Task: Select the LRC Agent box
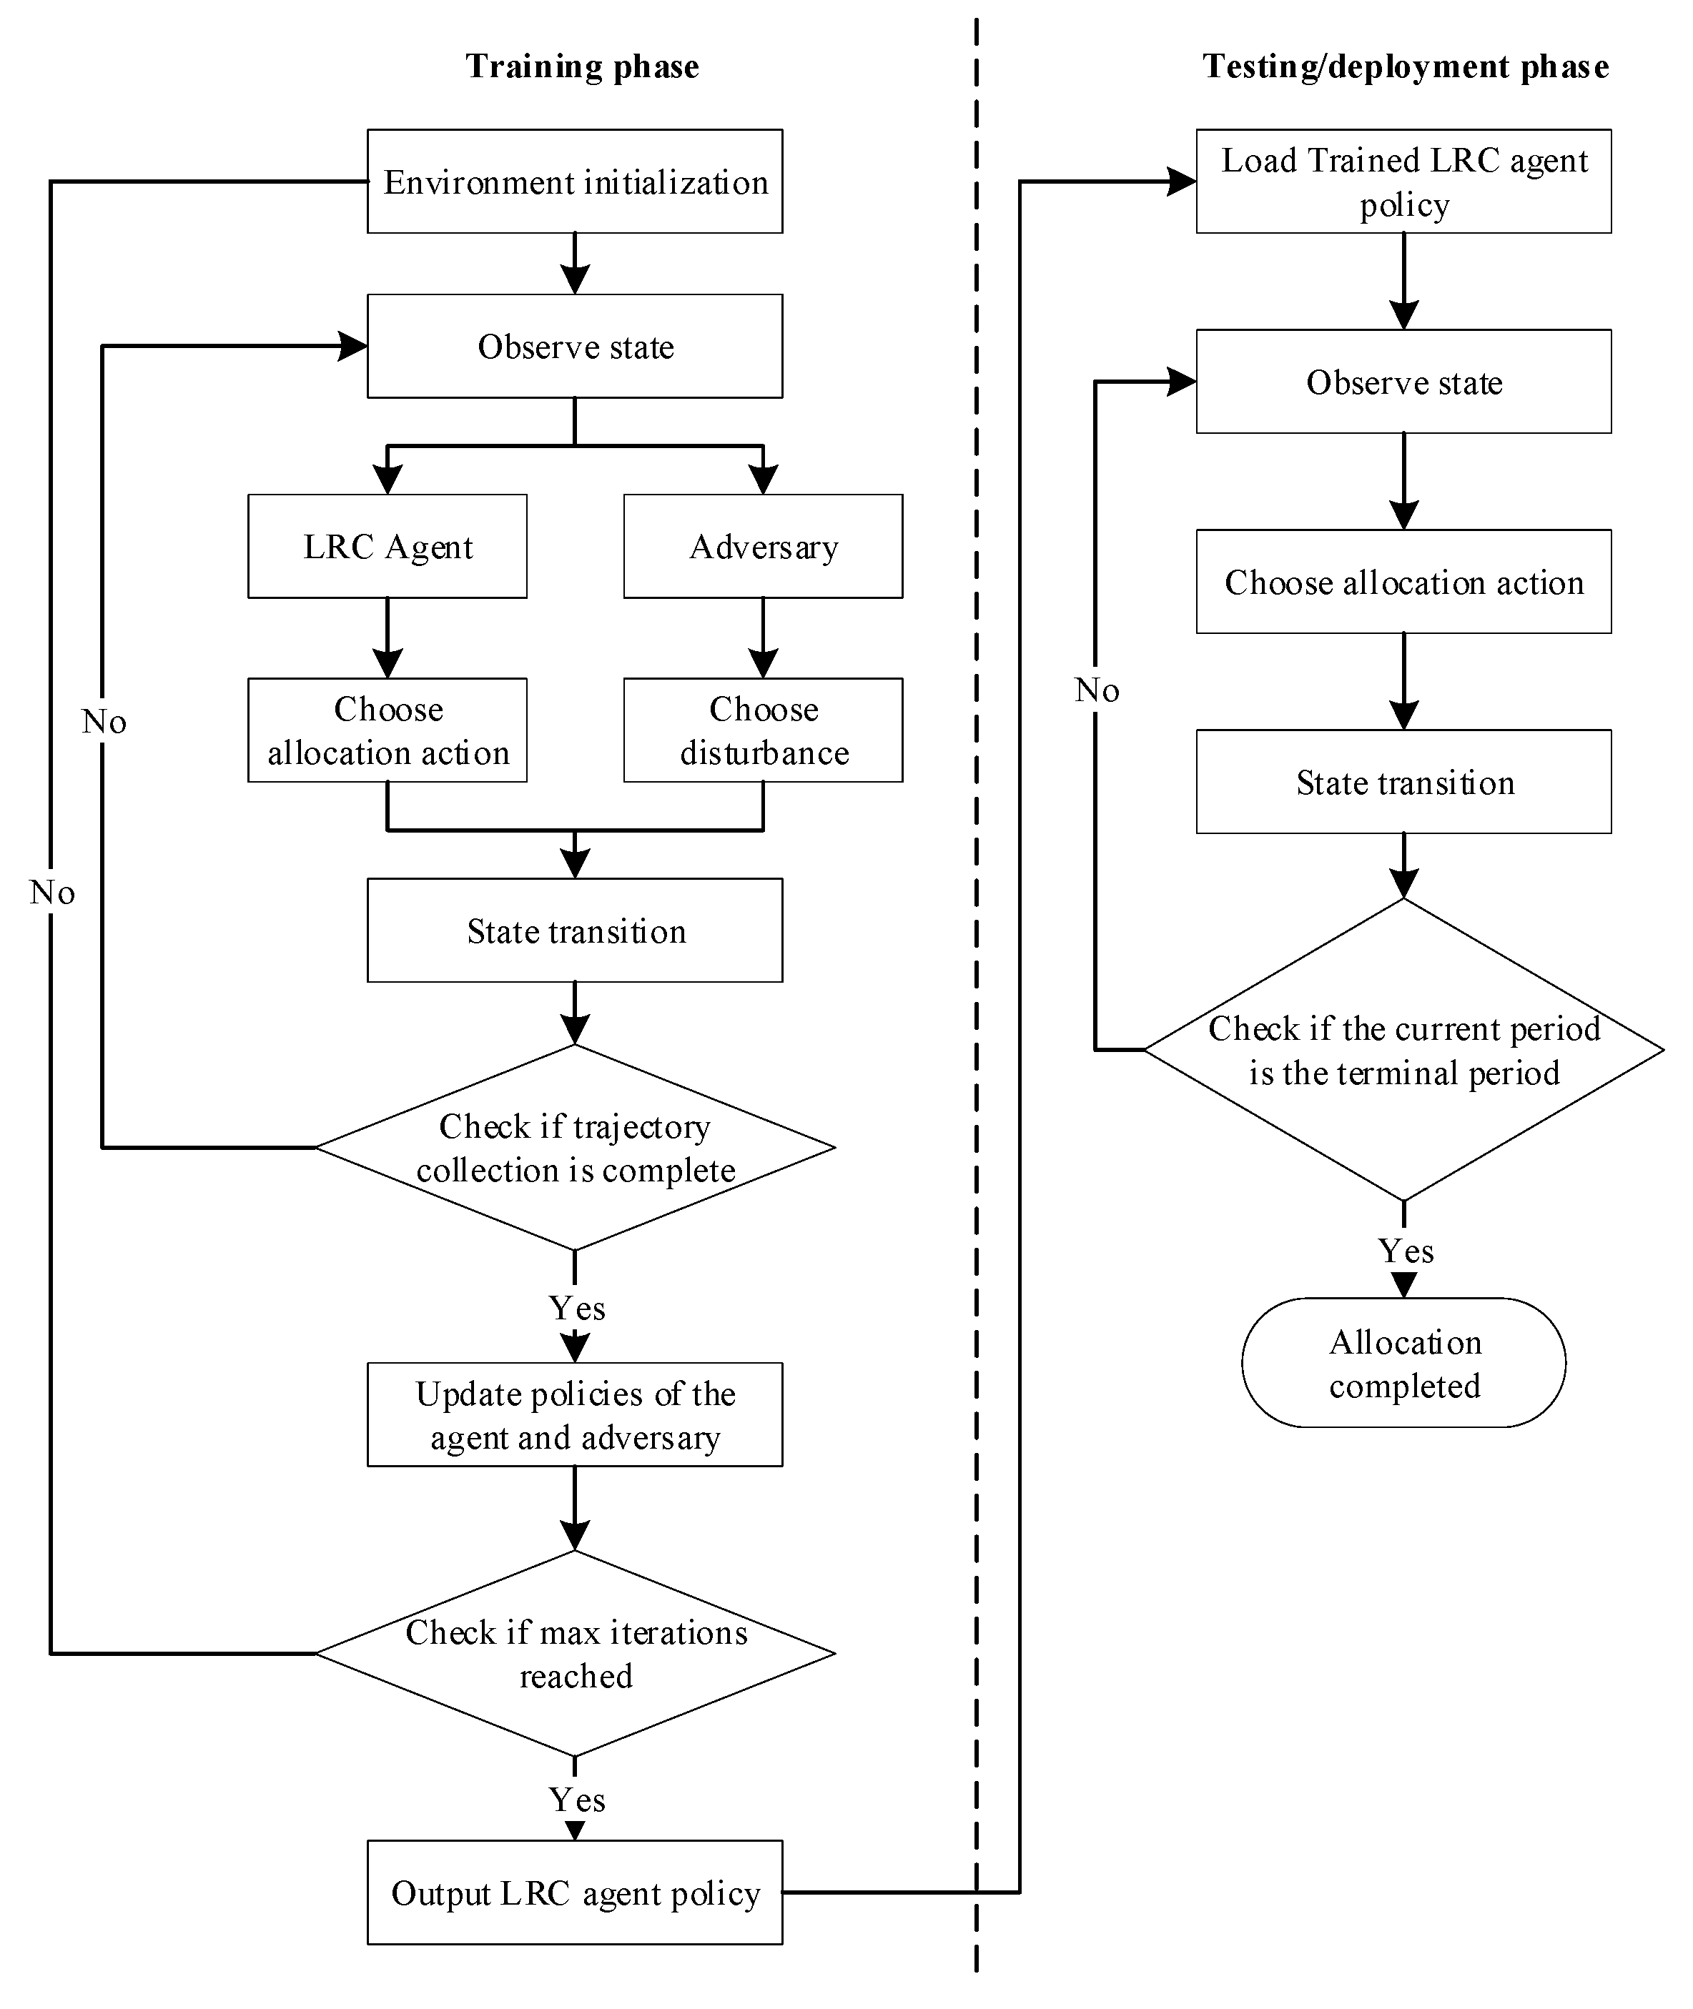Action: pos(387,546)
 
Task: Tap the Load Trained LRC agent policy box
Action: pos(1403,182)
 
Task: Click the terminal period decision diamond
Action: pos(1403,1050)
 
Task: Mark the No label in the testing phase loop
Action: pos(1096,690)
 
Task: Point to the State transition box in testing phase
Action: pos(1403,782)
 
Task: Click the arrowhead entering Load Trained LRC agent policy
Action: pos(1183,182)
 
